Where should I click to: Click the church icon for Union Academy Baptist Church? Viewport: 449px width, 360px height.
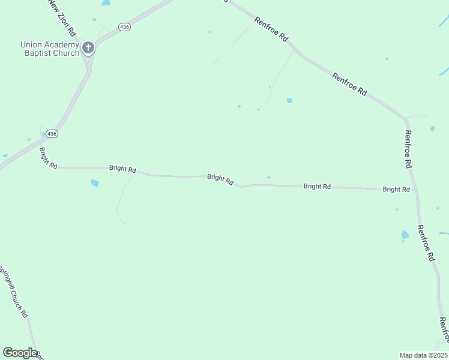coord(88,47)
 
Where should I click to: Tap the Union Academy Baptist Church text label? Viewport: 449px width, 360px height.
coord(50,49)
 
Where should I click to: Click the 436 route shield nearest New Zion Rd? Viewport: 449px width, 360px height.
coord(124,28)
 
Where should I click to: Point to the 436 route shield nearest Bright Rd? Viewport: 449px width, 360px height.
coord(52,134)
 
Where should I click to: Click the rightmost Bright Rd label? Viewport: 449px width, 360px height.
coord(396,190)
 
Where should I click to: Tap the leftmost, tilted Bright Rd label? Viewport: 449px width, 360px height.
coord(48,158)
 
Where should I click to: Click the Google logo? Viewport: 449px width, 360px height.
coord(20,353)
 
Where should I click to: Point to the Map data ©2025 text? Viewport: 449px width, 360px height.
coord(423,355)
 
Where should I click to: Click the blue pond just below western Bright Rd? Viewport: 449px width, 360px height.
coord(94,182)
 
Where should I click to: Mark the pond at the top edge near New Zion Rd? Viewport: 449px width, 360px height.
coord(106,3)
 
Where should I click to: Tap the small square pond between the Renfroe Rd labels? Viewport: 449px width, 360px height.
coord(289,100)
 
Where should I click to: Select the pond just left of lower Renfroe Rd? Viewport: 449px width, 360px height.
coord(405,235)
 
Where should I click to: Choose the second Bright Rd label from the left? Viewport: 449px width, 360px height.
coord(122,169)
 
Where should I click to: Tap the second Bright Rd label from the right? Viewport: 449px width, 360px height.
coord(317,187)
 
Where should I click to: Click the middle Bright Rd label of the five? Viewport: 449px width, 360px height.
coord(220,178)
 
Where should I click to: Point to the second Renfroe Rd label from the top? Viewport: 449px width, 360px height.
coord(349,84)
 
